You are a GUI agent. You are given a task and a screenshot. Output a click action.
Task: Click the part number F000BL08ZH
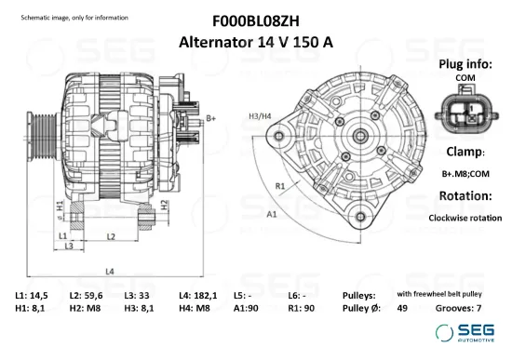click(x=255, y=20)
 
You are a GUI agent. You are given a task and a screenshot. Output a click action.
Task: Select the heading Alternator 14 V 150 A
click(x=255, y=42)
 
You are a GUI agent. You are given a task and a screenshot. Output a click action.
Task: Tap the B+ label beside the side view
click(x=210, y=118)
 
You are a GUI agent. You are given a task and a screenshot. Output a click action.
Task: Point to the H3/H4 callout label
click(x=261, y=116)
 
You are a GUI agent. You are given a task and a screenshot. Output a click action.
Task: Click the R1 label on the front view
click(x=279, y=186)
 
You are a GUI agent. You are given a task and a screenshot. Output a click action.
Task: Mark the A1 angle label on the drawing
click(x=273, y=214)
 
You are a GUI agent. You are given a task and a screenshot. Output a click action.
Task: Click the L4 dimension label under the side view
click(x=109, y=271)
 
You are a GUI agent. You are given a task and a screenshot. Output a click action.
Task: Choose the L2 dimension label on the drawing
click(x=110, y=237)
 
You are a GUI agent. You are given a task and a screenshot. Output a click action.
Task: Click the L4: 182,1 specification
click(x=198, y=295)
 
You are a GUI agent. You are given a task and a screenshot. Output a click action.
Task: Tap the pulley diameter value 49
click(x=402, y=308)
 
